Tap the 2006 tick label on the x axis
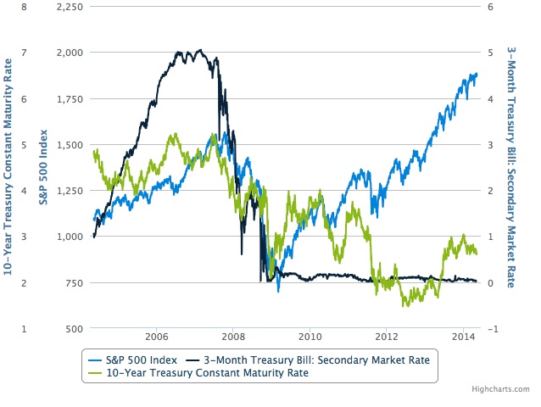click(x=156, y=336)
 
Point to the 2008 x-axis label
click(x=233, y=336)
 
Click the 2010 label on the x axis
click(x=310, y=336)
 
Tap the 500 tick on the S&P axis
click(x=73, y=328)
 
